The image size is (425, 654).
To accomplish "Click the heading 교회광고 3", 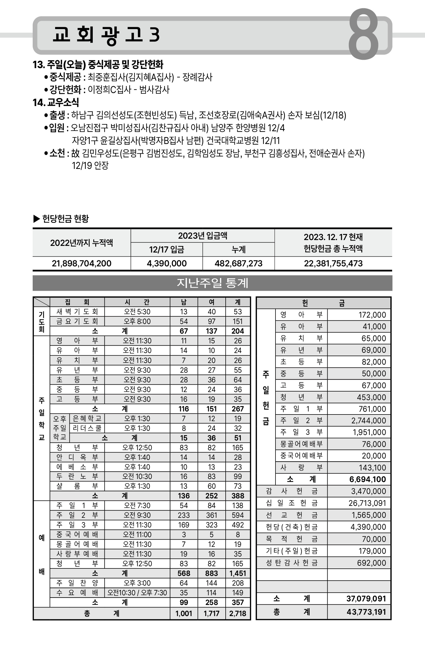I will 106,35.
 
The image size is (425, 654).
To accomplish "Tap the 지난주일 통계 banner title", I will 212,283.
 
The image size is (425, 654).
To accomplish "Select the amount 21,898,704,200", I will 81,263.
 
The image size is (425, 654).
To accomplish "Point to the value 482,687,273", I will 238,263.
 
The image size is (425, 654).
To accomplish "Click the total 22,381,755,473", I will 333,263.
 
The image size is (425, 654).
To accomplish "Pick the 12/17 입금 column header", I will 166,249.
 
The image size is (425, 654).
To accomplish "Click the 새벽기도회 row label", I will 77,312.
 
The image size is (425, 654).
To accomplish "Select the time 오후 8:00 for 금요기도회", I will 137,321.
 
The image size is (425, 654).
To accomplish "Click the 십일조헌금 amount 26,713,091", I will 367,503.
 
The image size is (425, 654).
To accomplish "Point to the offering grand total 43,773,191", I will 366,612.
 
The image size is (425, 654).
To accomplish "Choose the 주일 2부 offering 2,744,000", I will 369,421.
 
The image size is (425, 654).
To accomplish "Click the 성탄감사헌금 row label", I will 292,563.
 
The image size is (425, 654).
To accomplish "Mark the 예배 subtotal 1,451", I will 238,573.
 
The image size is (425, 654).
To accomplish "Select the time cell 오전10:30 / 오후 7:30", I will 137,593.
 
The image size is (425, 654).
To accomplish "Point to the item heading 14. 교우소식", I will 56,102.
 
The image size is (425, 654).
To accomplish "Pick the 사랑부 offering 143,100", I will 372,468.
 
